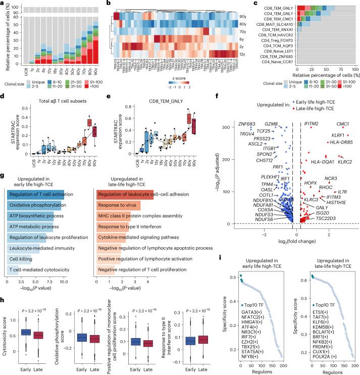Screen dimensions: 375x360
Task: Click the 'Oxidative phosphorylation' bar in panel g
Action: pos(35,204)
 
